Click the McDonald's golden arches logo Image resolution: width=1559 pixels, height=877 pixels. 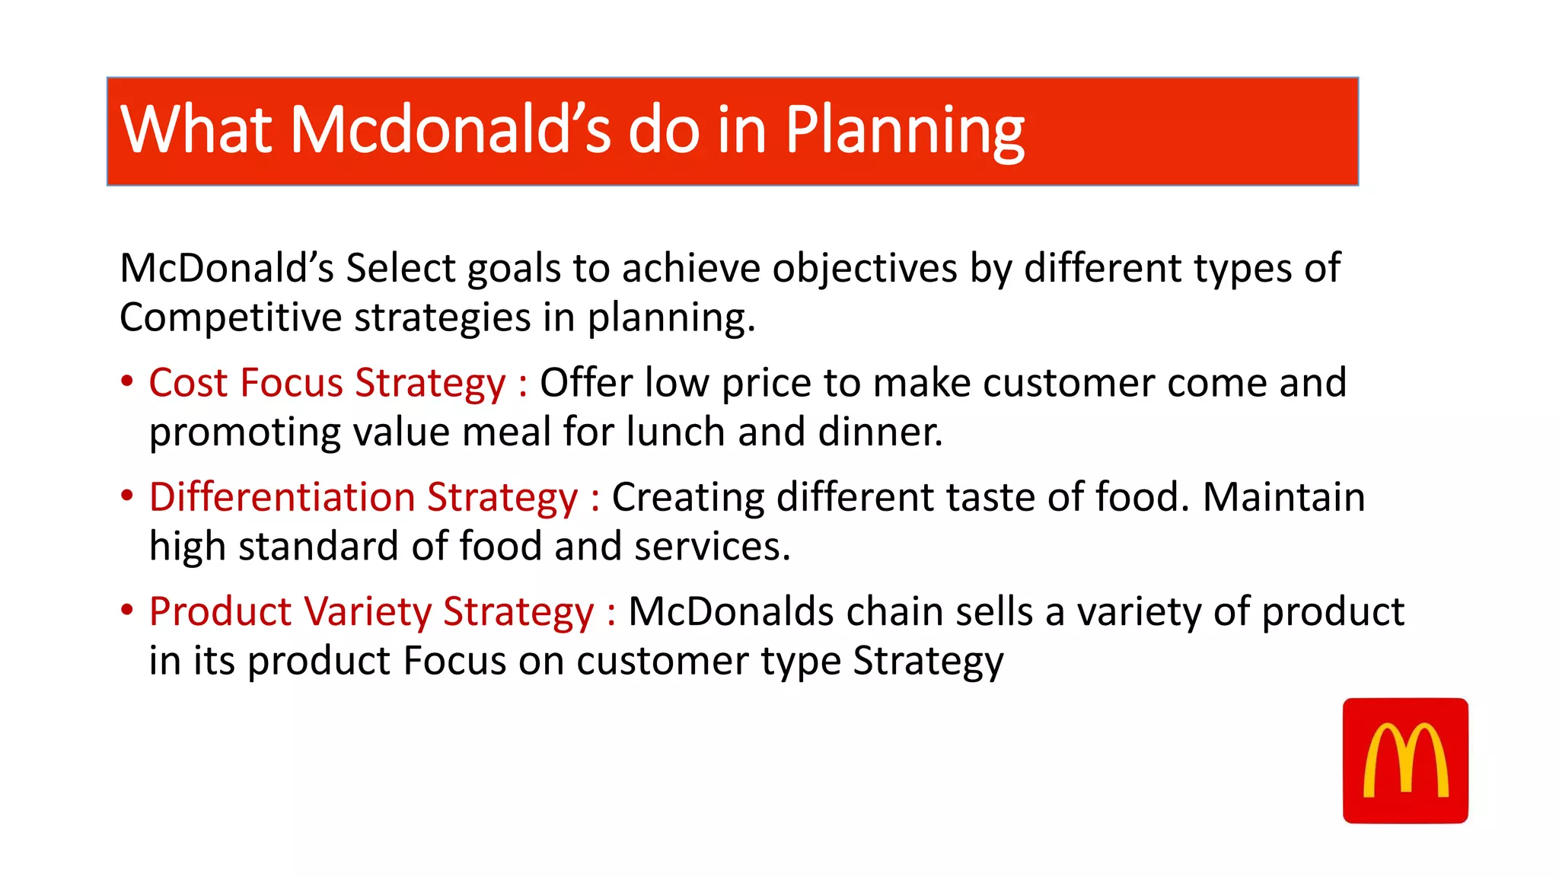(x=1405, y=761)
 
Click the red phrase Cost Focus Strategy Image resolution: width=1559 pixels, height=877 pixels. (x=327, y=383)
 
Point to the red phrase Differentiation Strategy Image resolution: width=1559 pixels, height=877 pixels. (x=363, y=497)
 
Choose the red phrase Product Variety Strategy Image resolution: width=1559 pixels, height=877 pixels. (x=371, y=611)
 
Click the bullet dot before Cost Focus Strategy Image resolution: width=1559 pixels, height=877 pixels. (x=127, y=381)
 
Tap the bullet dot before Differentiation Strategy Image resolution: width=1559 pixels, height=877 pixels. (x=127, y=496)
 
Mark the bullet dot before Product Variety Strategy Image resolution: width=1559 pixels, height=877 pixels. (x=127, y=610)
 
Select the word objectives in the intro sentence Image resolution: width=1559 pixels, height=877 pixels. (x=864, y=269)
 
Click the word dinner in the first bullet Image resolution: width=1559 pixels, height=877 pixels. (x=879, y=432)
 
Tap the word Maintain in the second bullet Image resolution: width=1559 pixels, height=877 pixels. (x=1283, y=497)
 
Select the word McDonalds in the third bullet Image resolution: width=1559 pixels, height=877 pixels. (x=731, y=611)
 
